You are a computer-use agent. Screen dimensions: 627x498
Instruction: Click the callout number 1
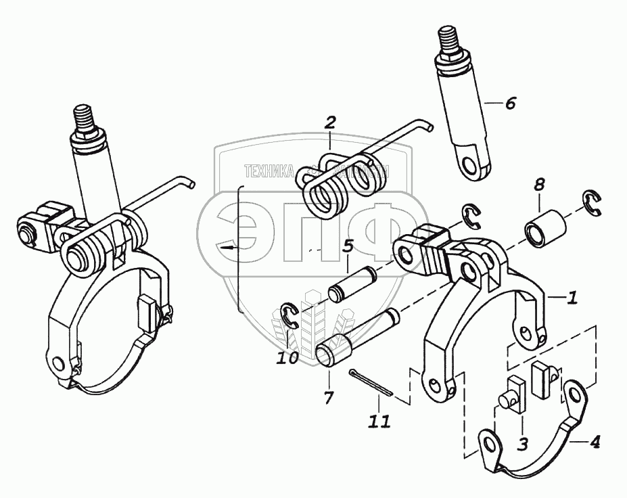pyautogui.click(x=572, y=297)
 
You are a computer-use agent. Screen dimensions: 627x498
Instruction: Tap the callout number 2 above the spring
pyautogui.click(x=329, y=122)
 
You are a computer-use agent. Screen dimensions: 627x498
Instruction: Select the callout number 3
pyautogui.click(x=523, y=444)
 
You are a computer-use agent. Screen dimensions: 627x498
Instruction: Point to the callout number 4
pyautogui.click(x=595, y=444)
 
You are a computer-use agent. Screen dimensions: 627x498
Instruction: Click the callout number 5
pyautogui.click(x=347, y=246)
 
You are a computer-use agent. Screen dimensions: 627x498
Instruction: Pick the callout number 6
pyautogui.click(x=510, y=104)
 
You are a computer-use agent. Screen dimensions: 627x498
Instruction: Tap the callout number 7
pyautogui.click(x=329, y=397)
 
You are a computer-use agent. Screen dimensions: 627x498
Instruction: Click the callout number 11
pyautogui.click(x=379, y=421)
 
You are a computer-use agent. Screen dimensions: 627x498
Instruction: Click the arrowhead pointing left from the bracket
pyautogui.click(x=223, y=249)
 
